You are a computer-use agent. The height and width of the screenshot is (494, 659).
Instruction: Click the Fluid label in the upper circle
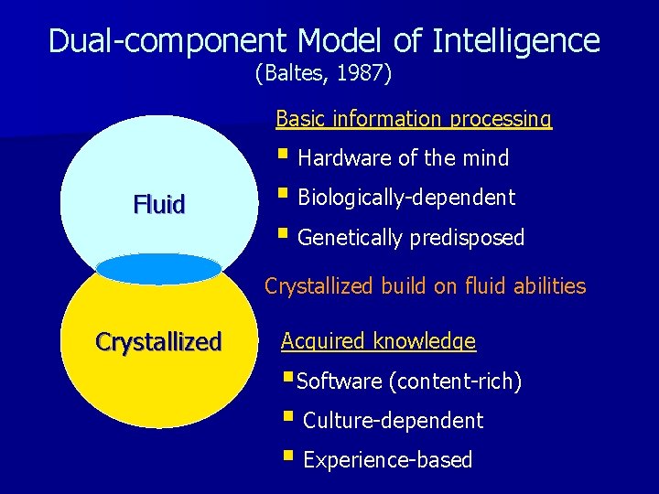pos(159,204)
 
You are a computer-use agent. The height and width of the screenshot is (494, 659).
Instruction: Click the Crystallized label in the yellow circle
pos(158,342)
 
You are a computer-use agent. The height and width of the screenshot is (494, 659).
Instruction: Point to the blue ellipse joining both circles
pos(158,269)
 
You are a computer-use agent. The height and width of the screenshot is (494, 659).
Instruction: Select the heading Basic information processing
pos(414,119)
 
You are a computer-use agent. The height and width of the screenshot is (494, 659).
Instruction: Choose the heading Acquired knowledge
pos(378,341)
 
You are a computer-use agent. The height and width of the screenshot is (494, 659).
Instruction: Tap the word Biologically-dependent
pos(406,198)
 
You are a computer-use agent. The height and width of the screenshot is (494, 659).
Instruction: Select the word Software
pos(340,381)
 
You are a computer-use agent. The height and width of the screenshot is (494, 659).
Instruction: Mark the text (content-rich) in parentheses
pos(455,381)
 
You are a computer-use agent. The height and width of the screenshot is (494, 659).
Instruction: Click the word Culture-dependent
pos(393,421)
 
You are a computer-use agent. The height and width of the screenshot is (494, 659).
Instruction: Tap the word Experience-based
pos(387,460)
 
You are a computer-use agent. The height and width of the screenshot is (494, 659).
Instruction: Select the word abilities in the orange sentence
pos(548,286)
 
